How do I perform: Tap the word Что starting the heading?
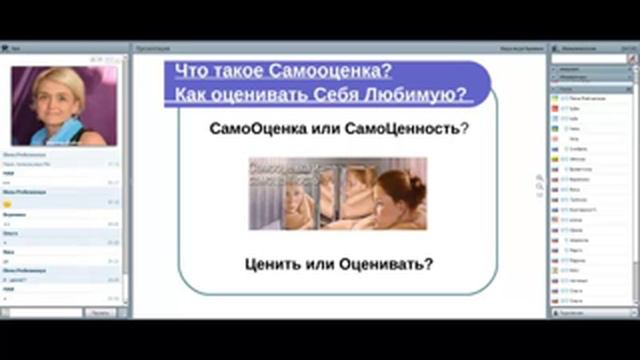[x=193, y=71]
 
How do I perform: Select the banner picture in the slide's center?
[x=337, y=194]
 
